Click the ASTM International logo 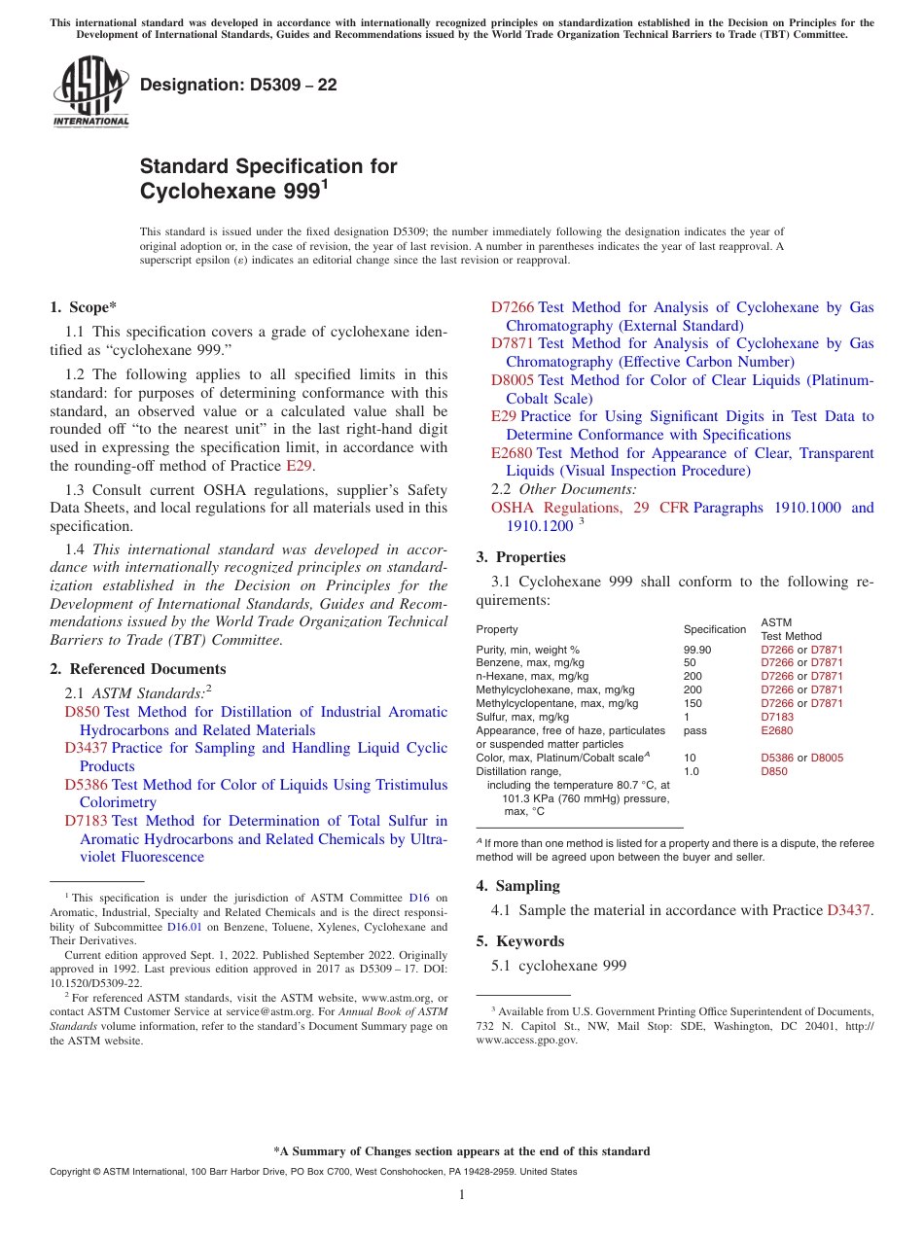click(x=90, y=92)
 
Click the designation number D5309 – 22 click(x=238, y=85)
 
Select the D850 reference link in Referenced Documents click(x=82, y=713)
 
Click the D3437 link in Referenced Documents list click(x=86, y=749)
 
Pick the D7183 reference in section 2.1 click(x=86, y=822)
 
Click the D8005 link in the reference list click(x=513, y=380)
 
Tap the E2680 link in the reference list click(x=512, y=453)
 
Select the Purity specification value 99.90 click(x=697, y=650)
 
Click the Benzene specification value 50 click(x=691, y=663)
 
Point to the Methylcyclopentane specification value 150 click(x=693, y=704)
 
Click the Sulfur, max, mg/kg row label click(x=520, y=718)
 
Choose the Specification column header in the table click(x=715, y=629)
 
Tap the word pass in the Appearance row click(x=694, y=730)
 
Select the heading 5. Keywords click(x=520, y=941)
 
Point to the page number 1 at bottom click(x=462, y=1195)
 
